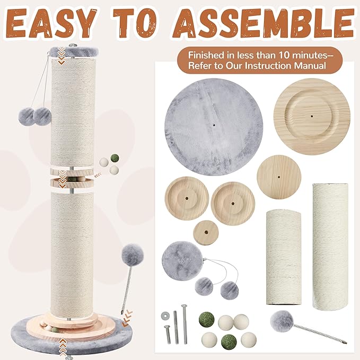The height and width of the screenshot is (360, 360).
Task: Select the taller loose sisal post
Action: coord(330,246)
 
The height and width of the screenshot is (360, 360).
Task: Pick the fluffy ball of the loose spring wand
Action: coord(281,320)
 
